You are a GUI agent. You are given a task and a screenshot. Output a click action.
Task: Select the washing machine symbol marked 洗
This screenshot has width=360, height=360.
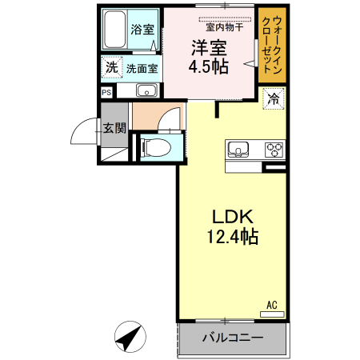pos(111,69)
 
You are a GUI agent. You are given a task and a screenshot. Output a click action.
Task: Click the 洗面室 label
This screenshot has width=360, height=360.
pos(143,69)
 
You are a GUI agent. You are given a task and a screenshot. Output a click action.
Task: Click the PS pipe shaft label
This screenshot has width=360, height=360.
pos(106,92)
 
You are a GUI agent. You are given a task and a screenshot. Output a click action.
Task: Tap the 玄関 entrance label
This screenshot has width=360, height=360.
pos(114,127)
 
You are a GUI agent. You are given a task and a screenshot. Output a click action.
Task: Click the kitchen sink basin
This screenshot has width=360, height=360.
pos(239,149)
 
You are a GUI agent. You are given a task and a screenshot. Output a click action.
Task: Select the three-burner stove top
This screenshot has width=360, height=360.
pos(273,149)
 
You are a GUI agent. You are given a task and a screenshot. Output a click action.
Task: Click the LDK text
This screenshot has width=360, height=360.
pos(232,217)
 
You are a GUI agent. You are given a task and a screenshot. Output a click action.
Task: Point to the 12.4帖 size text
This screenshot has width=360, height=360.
pos(232,237)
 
